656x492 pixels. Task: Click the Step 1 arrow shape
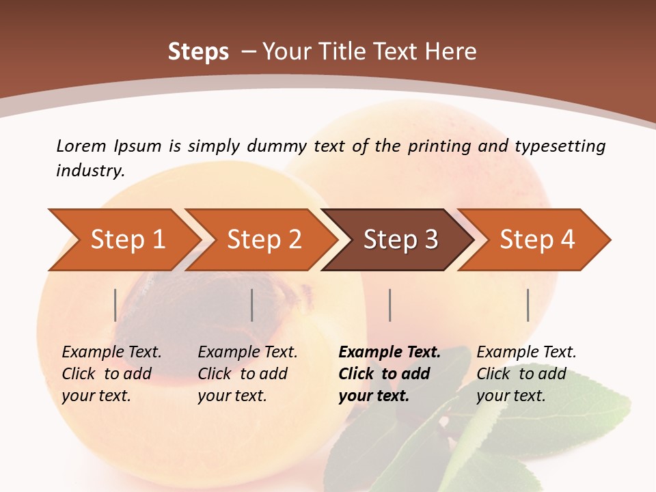click(x=126, y=240)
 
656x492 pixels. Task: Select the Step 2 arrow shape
click(x=263, y=240)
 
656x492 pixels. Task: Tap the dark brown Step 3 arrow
click(x=400, y=240)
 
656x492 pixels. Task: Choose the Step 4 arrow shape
click(x=536, y=240)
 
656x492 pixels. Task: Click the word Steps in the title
click(x=198, y=52)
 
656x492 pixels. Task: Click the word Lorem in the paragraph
click(x=81, y=146)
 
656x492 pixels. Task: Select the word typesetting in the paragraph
click(x=560, y=146)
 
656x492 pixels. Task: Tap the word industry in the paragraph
click(x=90, y=170)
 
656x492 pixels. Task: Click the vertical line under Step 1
click(x=115, y=305)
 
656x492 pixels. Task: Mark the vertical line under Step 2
click(x=252, y=305)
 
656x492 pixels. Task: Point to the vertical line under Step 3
click(x=390, y=305)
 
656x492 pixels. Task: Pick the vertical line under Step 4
click(x=528, y=305)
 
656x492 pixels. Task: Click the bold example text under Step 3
click(x=389, y=374)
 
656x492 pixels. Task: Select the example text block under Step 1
click(x=111, y=374)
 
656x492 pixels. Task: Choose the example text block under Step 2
click(x=247, y=374)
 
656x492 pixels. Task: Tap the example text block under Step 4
click(x=526, y=374)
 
